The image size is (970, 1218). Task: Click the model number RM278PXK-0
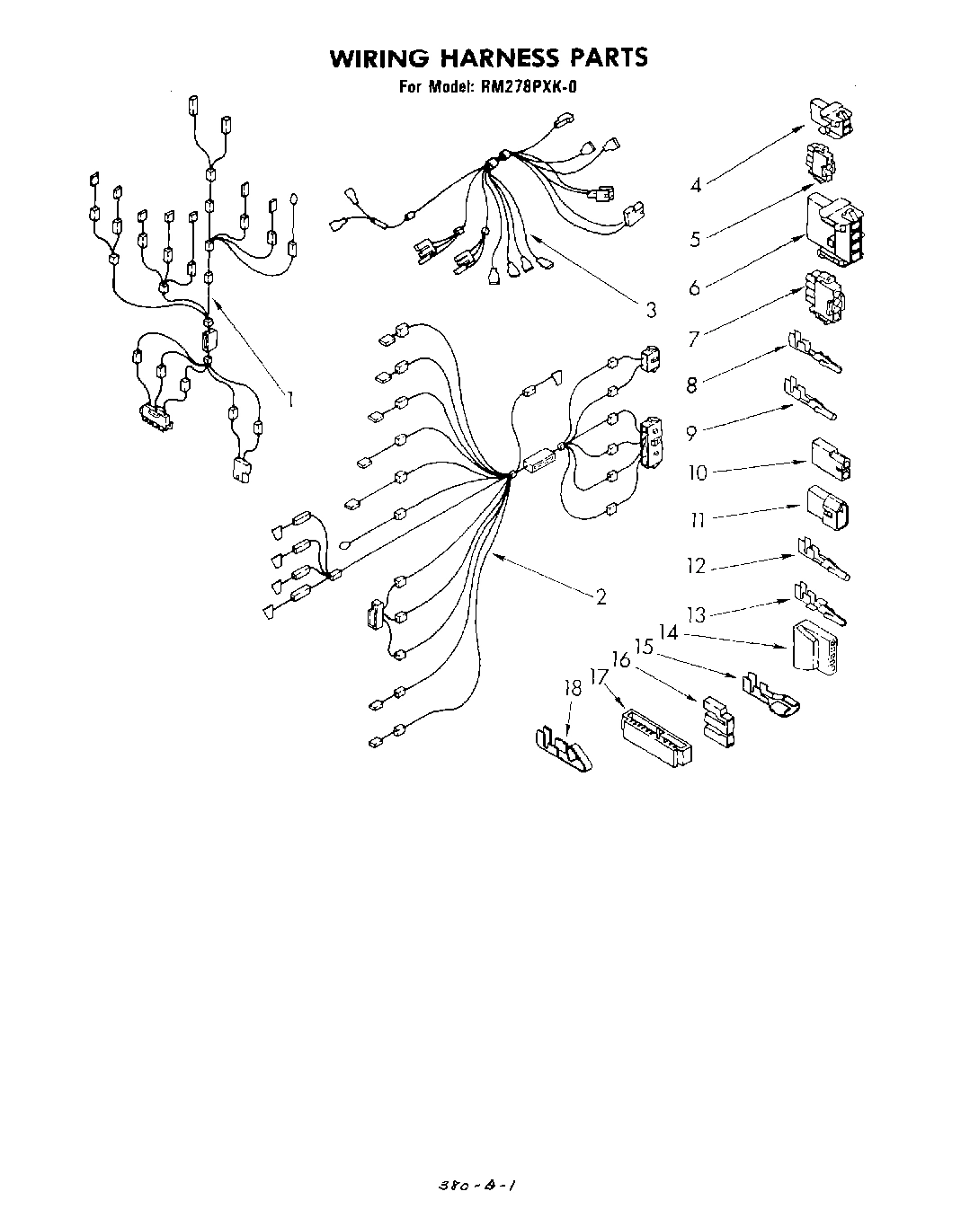coord(536,87)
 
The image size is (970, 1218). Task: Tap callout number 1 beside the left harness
coord(290,398)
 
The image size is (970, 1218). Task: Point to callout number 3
coord(650,311)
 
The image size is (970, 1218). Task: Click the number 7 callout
coord(693,339)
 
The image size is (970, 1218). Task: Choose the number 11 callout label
coord(697,519)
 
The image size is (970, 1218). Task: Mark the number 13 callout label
coord(697,615)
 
